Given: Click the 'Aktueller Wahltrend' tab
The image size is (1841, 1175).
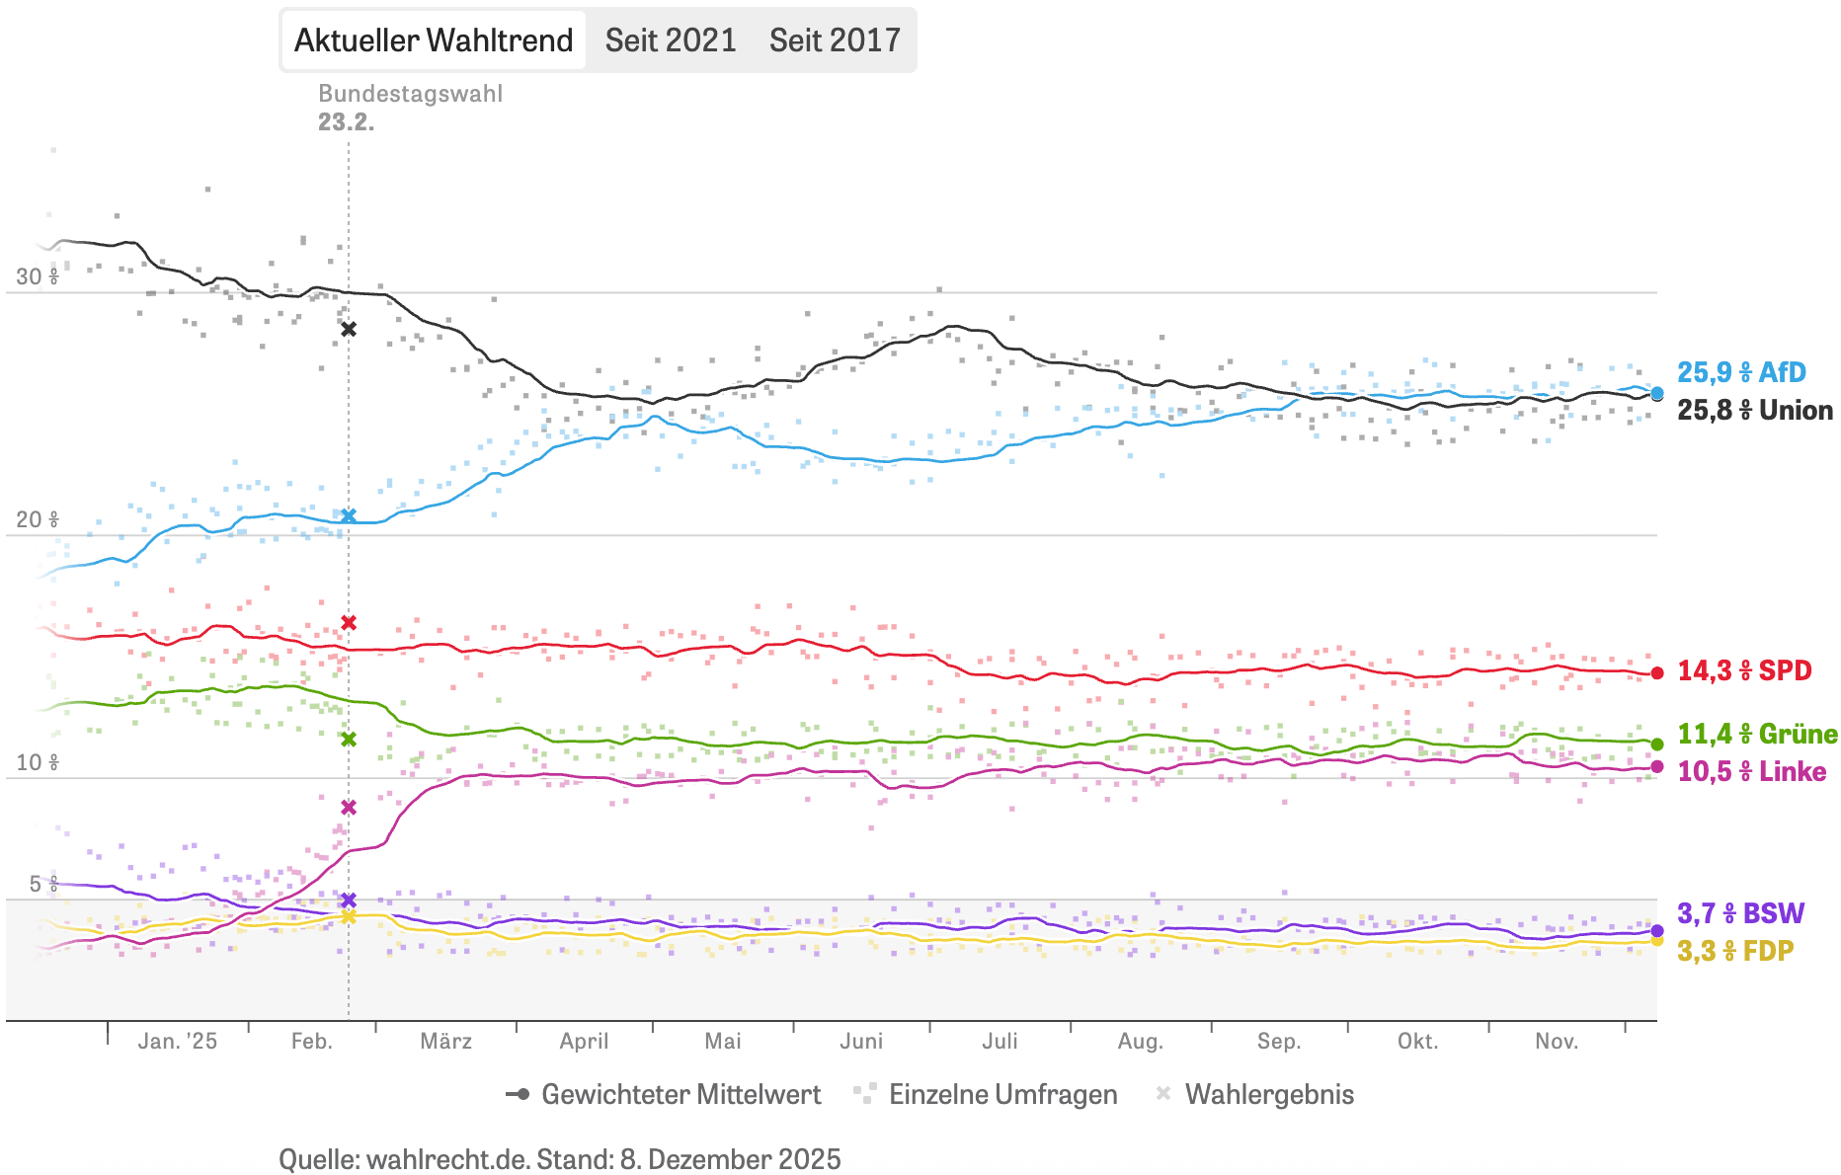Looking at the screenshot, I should click(x=434, y=40).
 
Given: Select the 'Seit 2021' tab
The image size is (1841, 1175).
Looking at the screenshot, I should click(x=671, y=40).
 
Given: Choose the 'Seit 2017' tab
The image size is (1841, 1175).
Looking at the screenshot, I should click(x=835, y=40).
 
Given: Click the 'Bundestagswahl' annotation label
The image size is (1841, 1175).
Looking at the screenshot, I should click(x=410, y=94).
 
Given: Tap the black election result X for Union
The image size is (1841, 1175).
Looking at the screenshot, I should click(x=349, y=329).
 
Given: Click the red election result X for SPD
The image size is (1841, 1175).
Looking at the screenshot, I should click(x=349, y=622).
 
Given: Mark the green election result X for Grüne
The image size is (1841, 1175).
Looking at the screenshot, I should click(x=349, y=739).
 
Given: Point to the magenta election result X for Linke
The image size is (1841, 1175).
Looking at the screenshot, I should click(x=349, y=807).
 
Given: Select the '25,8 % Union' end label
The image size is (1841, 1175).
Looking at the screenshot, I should click(x=1754, y=410).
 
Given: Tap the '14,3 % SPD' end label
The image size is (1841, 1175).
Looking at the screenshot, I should click(x=1744, y=670).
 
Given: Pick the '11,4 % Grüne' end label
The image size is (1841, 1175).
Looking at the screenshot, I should click(x=1757, y=734).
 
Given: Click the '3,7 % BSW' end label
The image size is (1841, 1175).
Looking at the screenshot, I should click(x=1740, y=913).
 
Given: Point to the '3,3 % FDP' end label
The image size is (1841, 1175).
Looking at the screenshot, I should click(x=1735, y=951).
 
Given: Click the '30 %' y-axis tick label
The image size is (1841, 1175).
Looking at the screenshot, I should click(x=37, y=276).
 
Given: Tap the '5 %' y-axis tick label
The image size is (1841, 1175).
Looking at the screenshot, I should click(x=42, y=884).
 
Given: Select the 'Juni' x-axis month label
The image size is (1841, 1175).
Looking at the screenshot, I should click(x=861, y=1041).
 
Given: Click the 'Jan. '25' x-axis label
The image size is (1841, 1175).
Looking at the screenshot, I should click(x=178, y=1041).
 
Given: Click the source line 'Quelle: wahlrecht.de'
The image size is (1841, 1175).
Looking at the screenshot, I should click(x=559, y=1158).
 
